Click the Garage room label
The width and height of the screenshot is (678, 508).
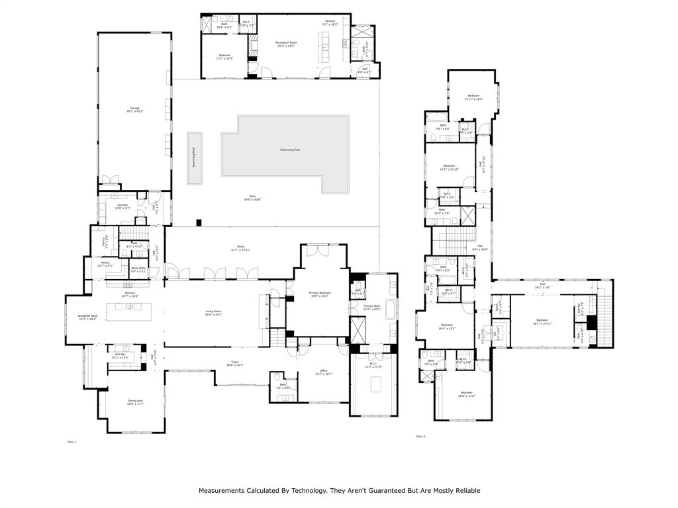[x=134, y=109]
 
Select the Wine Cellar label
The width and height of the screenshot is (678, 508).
[x=138, y=270]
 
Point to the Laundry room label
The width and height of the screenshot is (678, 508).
[x=122, y=206]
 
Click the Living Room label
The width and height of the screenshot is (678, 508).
[x=213, y=313]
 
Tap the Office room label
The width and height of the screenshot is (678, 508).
[x=323, y=372]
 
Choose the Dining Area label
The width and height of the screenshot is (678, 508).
[x=135, y=402]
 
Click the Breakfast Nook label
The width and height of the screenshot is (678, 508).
[x=87, y=317]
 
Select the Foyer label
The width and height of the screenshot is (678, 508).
[x=235, y=364]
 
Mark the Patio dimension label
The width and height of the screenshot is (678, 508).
[x=252, y=198]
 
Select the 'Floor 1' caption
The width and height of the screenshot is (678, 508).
[x=72, y=442]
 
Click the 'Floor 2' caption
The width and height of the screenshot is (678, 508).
[x=420, y=437]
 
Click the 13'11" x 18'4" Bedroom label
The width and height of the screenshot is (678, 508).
[x=473, y=97]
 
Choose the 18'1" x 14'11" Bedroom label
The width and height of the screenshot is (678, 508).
[x=542, y=321]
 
